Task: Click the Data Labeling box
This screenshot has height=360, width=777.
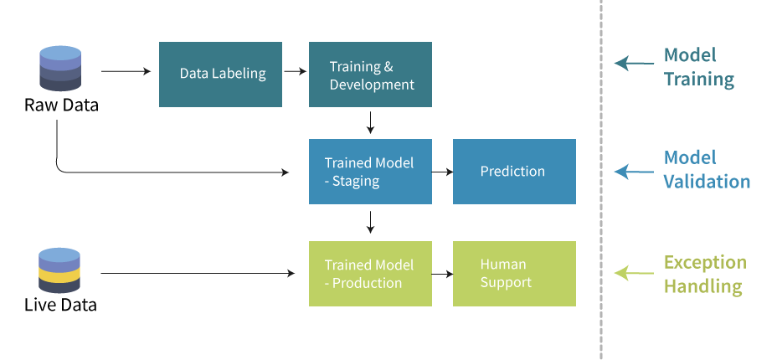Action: pyautogui.click(x=220, y=75)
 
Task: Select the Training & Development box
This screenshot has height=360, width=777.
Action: pyautogui.click(x=370, y=75)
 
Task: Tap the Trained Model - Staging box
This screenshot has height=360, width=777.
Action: pyautogui.click(x=370, y=172)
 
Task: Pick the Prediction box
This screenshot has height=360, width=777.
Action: pyautogui.click(x=514, y=172)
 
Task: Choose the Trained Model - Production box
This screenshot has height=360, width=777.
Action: pyautogui.click(x=370, y=273)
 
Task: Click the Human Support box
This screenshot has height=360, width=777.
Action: pyautogui.click(x=514, y=273)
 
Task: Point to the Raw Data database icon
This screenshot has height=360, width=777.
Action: pyautogui.click(x=60, y=69)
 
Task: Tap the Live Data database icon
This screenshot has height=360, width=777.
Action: pyautogui.click(x=59, y=270)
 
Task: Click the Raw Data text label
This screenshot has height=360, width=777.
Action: pyautogui.click(x=61, y=105)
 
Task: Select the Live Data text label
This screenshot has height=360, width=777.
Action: pyautogui.click(x=60, y=305)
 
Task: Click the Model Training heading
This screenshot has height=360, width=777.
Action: pyautogui.click(x=698, y=67)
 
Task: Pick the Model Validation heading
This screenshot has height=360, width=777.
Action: pyautogui.click(x=707, y=169)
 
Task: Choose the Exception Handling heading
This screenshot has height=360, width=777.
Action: pyautogui.click(x=705, y=274)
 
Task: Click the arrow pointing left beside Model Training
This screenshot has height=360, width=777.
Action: pyautogui.click(x=635, y=64)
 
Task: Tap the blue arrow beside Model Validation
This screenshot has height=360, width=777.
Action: pyautogui.click(x=635, y=172)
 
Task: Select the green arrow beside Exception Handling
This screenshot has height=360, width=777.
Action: pyautogui.click(x=635, y=273)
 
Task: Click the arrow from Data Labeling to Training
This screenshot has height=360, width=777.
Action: pyautogui.click(x=296, y=71)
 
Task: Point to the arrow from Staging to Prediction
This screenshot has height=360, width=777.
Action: pyautogui.click(x=443, y=172)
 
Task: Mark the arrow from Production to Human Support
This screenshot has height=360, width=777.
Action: pyautogui.click(x=443, y=273)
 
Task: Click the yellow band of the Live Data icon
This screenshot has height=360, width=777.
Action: pyautogui.click(x=59, y=275)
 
